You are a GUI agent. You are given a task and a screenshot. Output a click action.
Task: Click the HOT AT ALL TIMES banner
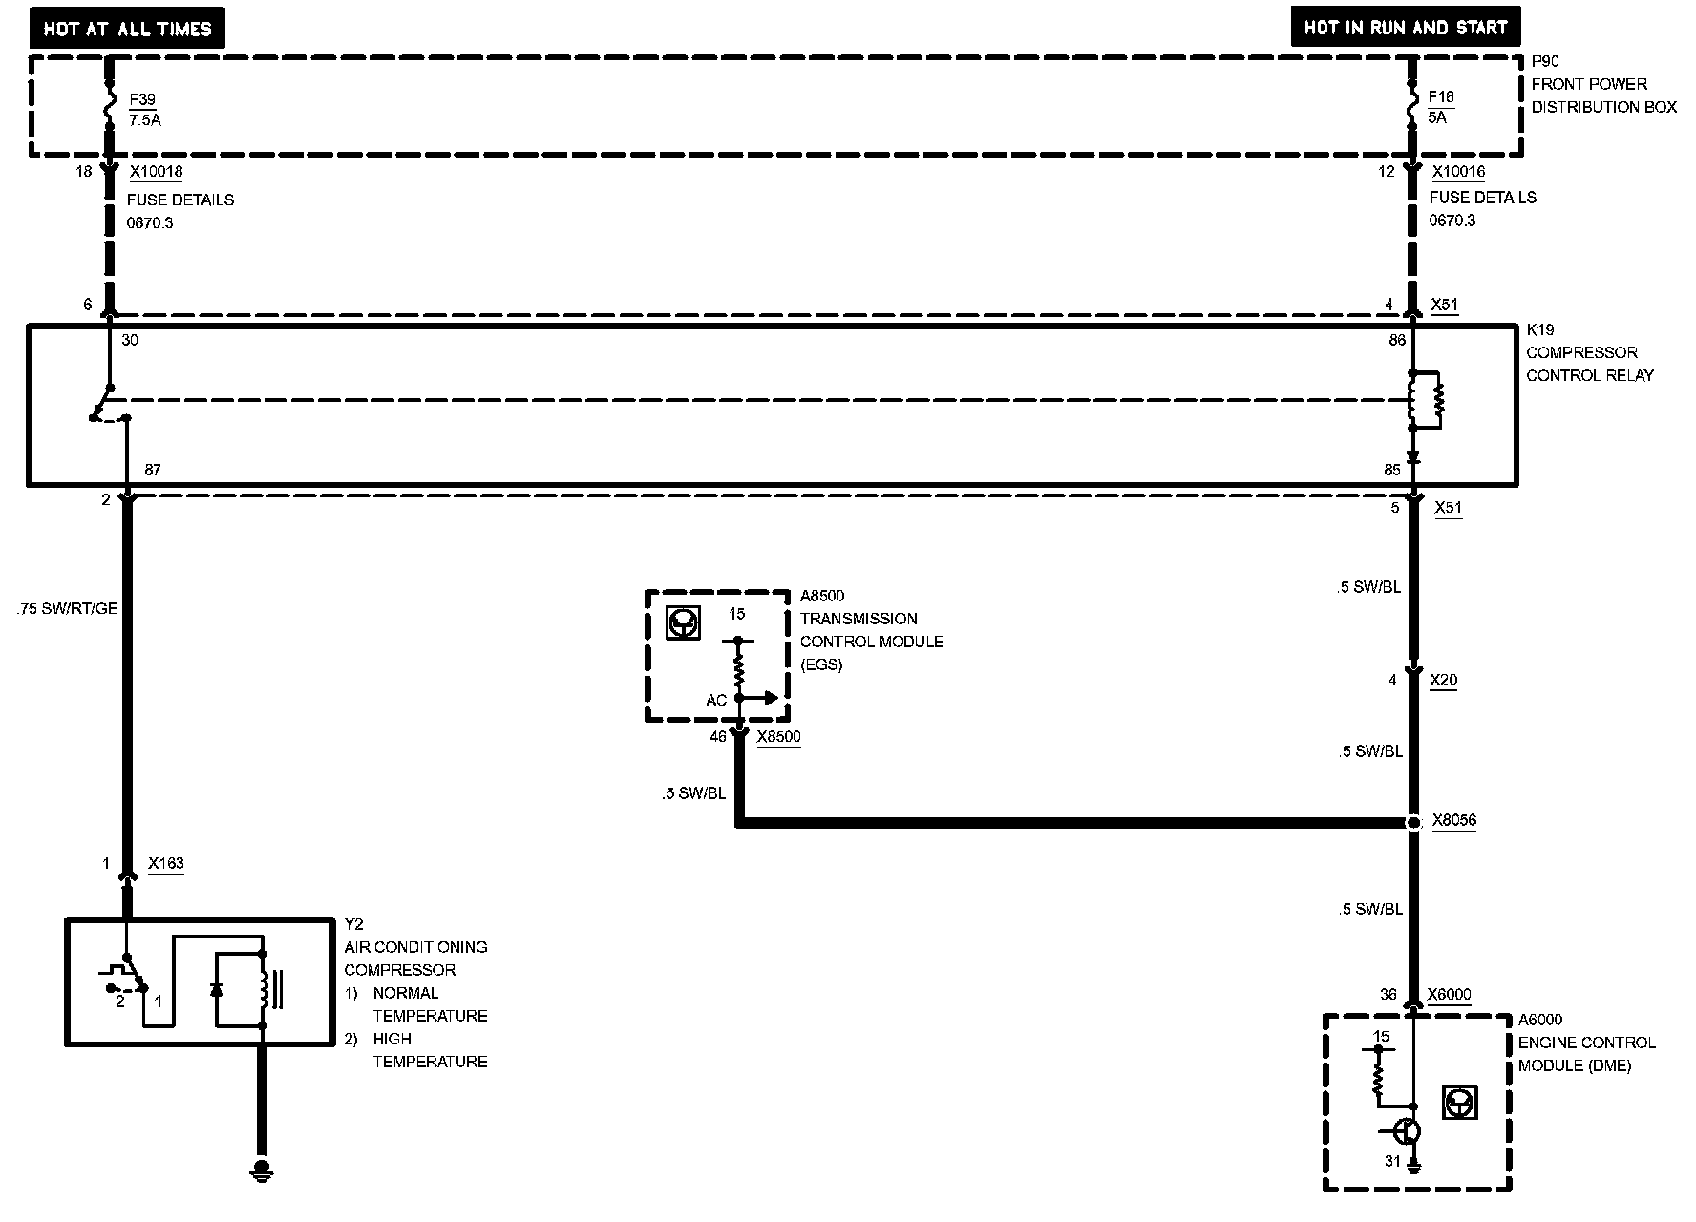click(x=127, y=29)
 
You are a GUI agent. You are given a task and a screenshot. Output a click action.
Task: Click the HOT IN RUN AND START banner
click(x=1405, y=28)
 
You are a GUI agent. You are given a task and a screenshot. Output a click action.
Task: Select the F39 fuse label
click(x=142, y=99)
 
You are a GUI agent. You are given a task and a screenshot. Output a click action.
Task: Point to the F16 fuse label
click(x=1441, y=96)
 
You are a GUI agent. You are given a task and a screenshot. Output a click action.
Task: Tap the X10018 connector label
click(x=156, y=172)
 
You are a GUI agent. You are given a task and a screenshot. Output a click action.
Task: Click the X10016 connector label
click(x=1458, y=172)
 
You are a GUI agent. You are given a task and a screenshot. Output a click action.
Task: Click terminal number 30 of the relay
click(x=130, y=340)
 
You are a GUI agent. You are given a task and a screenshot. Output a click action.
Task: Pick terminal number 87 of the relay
click(x=153, y=470)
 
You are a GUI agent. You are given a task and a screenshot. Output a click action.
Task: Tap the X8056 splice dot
click(x=1413, y=822)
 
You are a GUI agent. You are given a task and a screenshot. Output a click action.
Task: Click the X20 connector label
click(x=1443, y=681)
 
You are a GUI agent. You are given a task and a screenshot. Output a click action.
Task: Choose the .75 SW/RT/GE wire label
click(x=67, y=608)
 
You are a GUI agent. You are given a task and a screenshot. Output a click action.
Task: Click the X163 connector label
click(x=166, y=864)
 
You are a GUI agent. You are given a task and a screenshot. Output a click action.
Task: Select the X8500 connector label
click(x=778, y=737)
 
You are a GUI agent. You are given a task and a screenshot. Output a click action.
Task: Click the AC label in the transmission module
click(x=716, y=701)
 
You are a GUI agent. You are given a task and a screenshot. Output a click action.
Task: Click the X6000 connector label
click(x=1449, y=995)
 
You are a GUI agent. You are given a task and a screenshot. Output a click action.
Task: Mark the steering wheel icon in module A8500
click(x=683, y=623)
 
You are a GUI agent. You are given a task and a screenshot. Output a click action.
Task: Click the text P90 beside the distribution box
click(x=1544, y=61)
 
